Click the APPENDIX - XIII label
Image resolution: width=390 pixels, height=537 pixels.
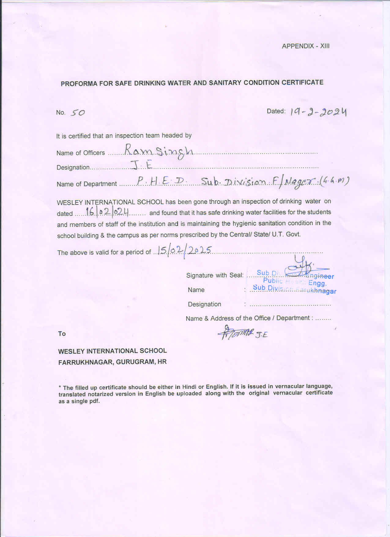[305, 46]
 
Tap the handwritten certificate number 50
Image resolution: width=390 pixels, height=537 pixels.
[77, 113]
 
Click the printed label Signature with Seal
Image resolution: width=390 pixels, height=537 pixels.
[214, 275]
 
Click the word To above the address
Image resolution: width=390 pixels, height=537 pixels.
[62, 334]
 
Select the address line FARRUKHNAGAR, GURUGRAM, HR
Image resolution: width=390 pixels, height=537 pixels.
[112, 362]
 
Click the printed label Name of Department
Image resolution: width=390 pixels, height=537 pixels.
[87, 184]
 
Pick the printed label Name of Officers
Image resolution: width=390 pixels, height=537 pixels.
[80, 153]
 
